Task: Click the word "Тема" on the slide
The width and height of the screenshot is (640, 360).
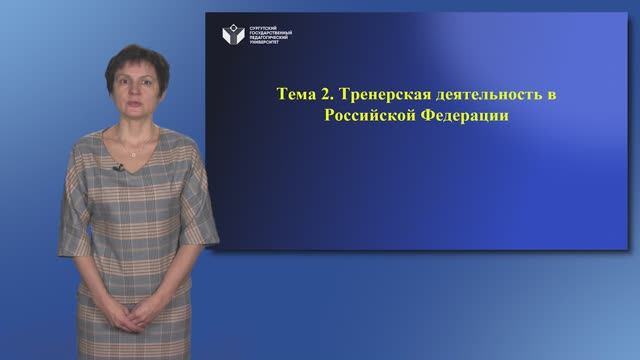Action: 296,96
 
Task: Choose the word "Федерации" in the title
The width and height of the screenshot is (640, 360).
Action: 456,116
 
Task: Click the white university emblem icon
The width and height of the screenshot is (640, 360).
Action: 232,35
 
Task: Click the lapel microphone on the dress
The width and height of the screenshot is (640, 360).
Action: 117,167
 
